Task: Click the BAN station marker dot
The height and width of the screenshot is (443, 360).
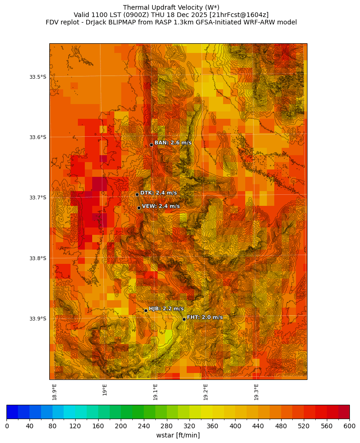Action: (x=151, y=145)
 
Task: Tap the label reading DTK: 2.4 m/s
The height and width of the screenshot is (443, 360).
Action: (x=159, y=193)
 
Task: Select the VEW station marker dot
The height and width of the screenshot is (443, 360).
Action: (x=139, y=208)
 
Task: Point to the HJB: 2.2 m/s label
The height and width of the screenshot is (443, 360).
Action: (x=166, y=309)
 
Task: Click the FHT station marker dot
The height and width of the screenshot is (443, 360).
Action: (x=184, y=319)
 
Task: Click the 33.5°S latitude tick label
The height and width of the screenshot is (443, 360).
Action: (x=37, y=77)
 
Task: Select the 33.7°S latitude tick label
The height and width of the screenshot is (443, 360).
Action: (x=37, y=198)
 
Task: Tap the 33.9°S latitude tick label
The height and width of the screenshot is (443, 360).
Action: (x=37, y=319)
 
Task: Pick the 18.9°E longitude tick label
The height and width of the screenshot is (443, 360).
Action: (x=54, y=392)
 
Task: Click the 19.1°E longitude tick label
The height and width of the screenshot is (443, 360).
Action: (x=155, y=392)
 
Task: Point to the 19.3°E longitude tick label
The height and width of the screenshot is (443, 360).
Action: (x=256, y=392)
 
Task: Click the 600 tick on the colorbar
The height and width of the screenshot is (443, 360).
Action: (x=349, y=426)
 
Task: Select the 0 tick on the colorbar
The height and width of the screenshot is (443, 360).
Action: (x=7, y=426)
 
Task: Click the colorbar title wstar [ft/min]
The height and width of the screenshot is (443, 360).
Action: (x=178, y=435)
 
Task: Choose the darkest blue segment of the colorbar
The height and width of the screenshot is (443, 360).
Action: (x=12, y=412)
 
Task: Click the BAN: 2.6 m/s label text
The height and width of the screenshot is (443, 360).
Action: (x=173, y=143)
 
